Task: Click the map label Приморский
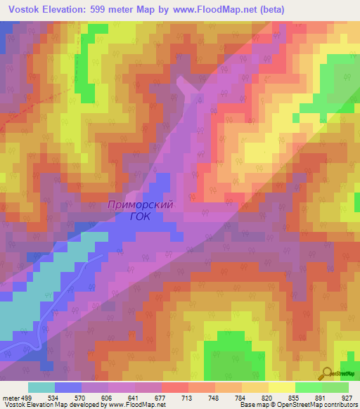(141, 205)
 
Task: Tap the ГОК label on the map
(140, 217)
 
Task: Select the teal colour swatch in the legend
(41, 387)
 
